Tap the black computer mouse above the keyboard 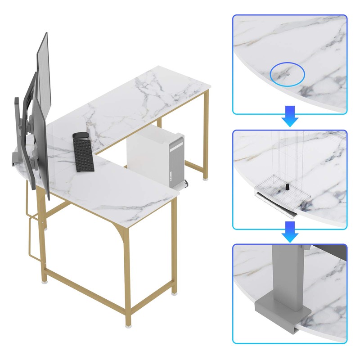point(80,135)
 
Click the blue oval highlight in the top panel point(287,72)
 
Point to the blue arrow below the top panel point(290,117)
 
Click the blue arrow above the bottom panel point(290,232)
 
